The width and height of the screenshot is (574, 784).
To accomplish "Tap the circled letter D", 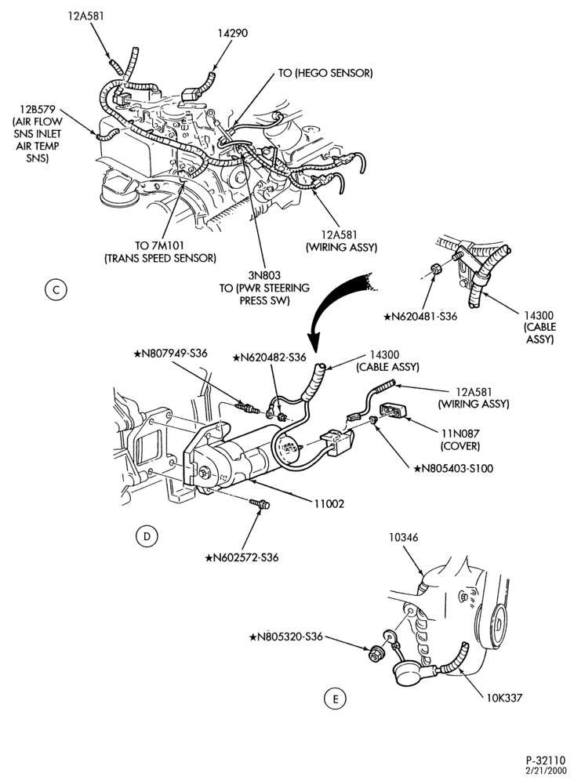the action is pos(147,536).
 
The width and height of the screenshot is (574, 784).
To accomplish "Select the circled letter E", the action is pos(335,699).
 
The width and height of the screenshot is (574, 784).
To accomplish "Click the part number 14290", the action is pos(233,33).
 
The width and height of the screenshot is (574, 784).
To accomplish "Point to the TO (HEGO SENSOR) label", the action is pos(325,73).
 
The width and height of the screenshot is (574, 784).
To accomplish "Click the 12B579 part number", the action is pos(38,110).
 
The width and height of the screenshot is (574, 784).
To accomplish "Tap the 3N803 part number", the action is pos(264,275).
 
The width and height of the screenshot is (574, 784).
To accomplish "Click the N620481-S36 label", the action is pos(420,316).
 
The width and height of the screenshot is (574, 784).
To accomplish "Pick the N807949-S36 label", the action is pos(170,353).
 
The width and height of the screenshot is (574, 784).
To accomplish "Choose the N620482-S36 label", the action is pos(270,358).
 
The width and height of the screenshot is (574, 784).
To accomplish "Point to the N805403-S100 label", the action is pos(453,469).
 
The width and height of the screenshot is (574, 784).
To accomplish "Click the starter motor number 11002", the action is pos(329,504).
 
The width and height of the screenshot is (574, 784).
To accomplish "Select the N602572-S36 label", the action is pos(242,557).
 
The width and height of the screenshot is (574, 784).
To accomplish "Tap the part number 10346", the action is pos(404,538).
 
